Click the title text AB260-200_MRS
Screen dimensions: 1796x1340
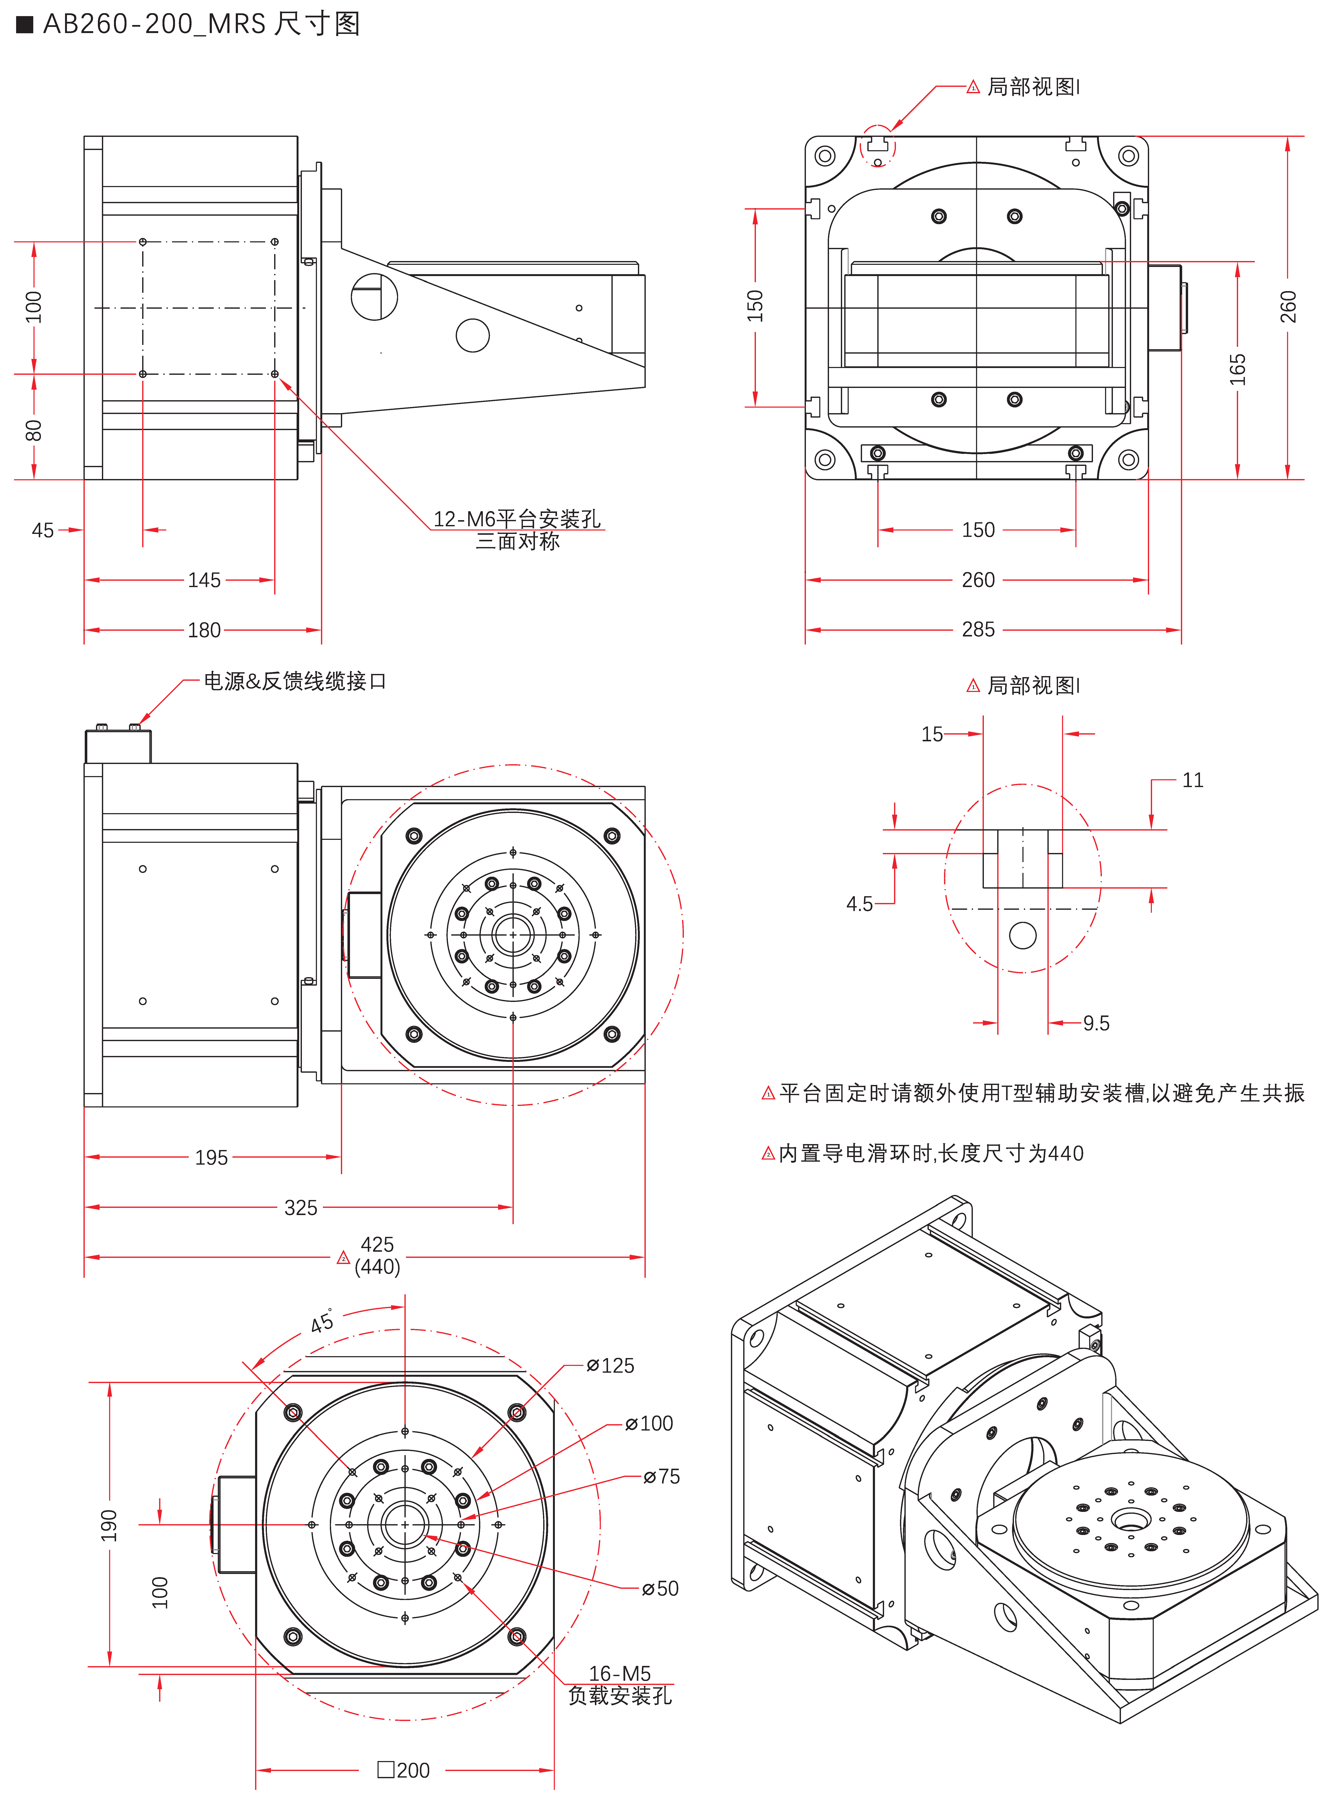pos(154,24)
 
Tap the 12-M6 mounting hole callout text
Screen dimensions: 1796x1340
pos(517,519)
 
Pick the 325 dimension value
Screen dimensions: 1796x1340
pos(300,1208)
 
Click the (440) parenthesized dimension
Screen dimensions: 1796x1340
pos(377,1267)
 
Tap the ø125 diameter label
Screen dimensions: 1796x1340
pos(611,1366)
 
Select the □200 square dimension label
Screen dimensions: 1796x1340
pos(404,1770)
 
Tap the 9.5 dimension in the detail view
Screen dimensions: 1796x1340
pos(1096,1023)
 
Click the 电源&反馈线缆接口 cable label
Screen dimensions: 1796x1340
pos(294,681)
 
